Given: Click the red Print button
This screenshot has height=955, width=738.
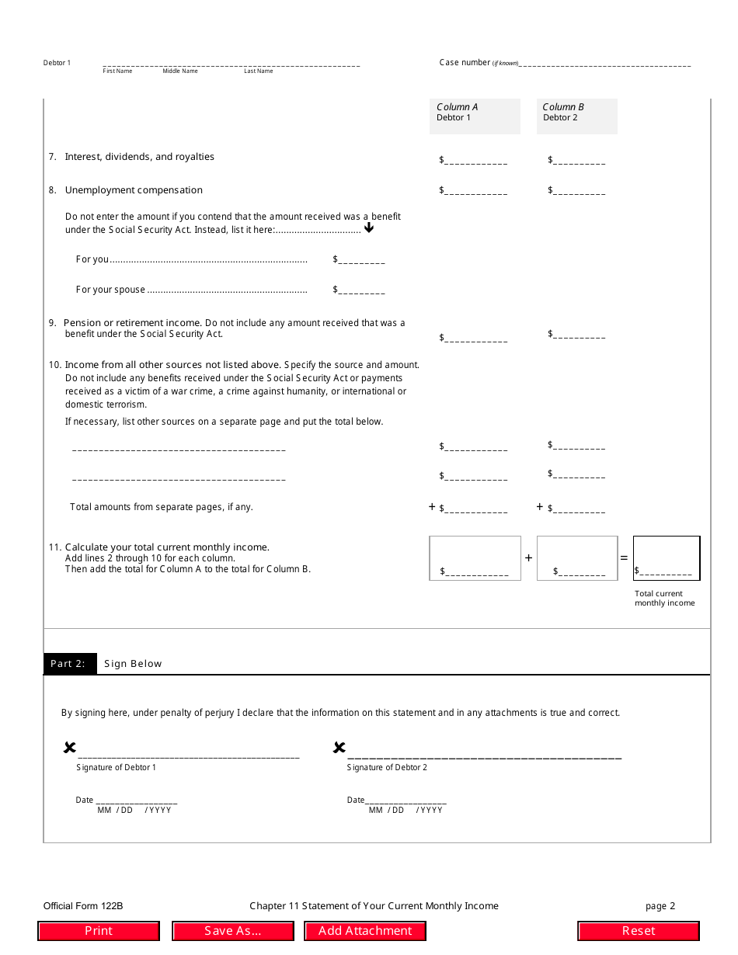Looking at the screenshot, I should tap(99, 931).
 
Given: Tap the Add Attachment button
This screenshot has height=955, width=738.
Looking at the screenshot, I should tap(365, 931).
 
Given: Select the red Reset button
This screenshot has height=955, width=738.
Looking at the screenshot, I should tap(639, 931).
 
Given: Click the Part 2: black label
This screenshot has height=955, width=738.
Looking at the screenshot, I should tap(70, 664).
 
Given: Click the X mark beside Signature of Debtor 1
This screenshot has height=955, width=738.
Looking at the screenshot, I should tap(70, 748).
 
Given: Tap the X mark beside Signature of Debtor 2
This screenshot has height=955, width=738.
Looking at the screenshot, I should tap(339, 748).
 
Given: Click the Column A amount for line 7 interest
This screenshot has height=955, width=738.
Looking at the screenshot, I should tap(475, 160).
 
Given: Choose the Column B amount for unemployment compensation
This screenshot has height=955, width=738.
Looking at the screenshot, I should tap(580, 190).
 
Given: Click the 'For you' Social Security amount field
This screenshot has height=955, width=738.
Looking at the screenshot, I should tap(361, 260).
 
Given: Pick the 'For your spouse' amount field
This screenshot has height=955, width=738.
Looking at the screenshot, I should tap(361, 290).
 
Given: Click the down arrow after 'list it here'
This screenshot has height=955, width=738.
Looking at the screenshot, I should tap(369, 228).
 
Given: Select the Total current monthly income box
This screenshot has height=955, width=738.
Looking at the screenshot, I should tap(667, 558).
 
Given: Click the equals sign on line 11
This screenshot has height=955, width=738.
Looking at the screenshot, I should tap(624, 558).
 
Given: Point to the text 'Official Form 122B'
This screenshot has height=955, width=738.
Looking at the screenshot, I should tap(83, 906).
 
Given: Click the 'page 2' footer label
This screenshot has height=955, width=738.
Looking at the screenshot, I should tap(660, 906).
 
